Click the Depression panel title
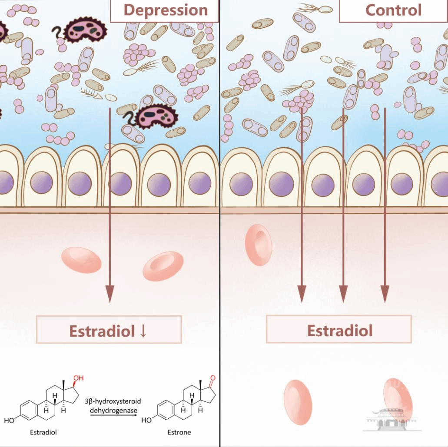pos(166,10)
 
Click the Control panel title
pos(393,10)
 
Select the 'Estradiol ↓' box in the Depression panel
pos(109,329)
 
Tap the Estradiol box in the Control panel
pos(339,329)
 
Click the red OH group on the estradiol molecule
pos(78,378)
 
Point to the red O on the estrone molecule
pos(212,378)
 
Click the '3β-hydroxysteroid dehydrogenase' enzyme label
pos(113,406)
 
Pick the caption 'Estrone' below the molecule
pos(179,432)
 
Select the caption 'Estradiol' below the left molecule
pos(43,432)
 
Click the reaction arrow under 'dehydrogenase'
pos(114,415)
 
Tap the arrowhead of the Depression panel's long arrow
pos(110,294)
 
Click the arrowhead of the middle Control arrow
pos(343,294)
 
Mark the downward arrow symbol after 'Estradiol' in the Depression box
pos(143,331)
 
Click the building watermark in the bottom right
pos(392,420)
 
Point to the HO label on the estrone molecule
pos(146,420)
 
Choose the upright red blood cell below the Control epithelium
pos(258,245)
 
